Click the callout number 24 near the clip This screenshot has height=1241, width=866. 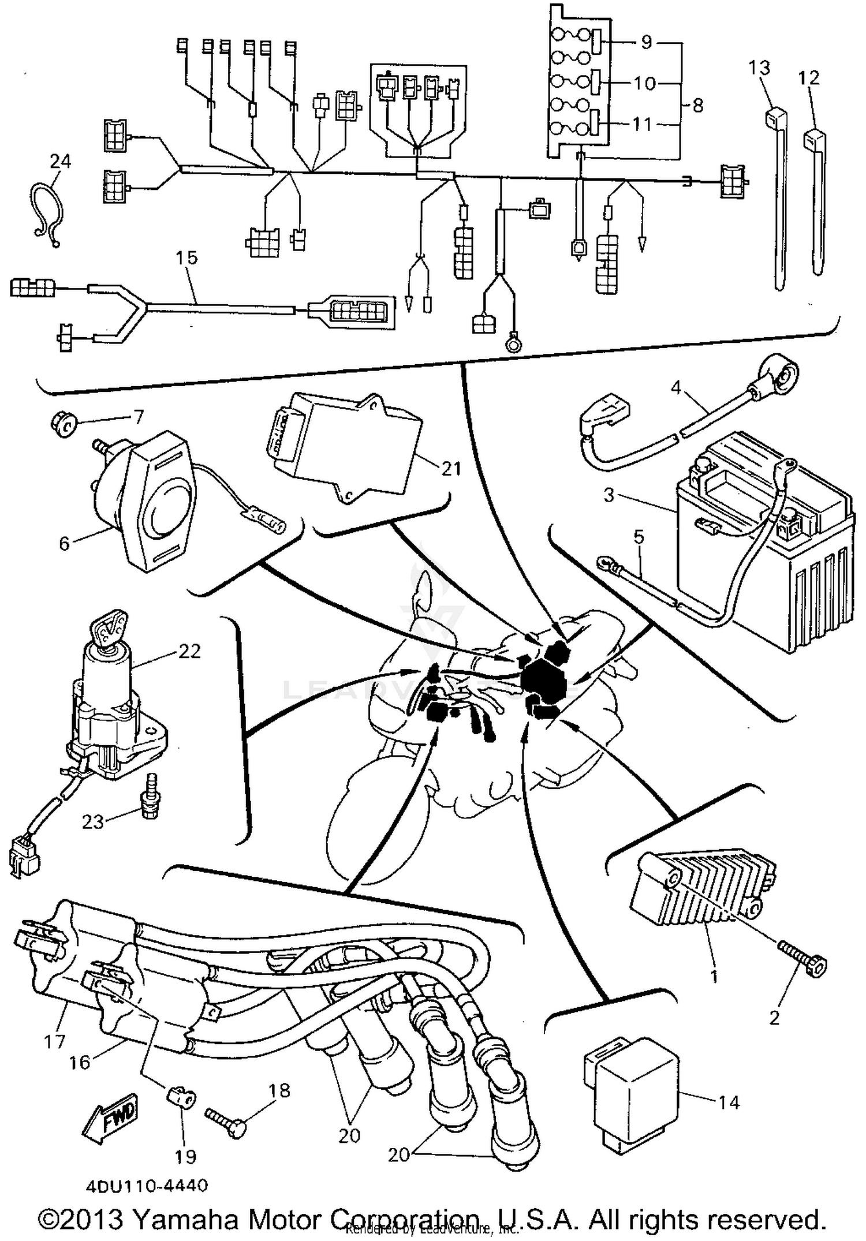60,161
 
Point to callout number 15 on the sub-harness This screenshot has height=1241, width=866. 186,257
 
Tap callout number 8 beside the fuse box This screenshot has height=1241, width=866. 697,106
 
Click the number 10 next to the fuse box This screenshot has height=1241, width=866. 644,84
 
